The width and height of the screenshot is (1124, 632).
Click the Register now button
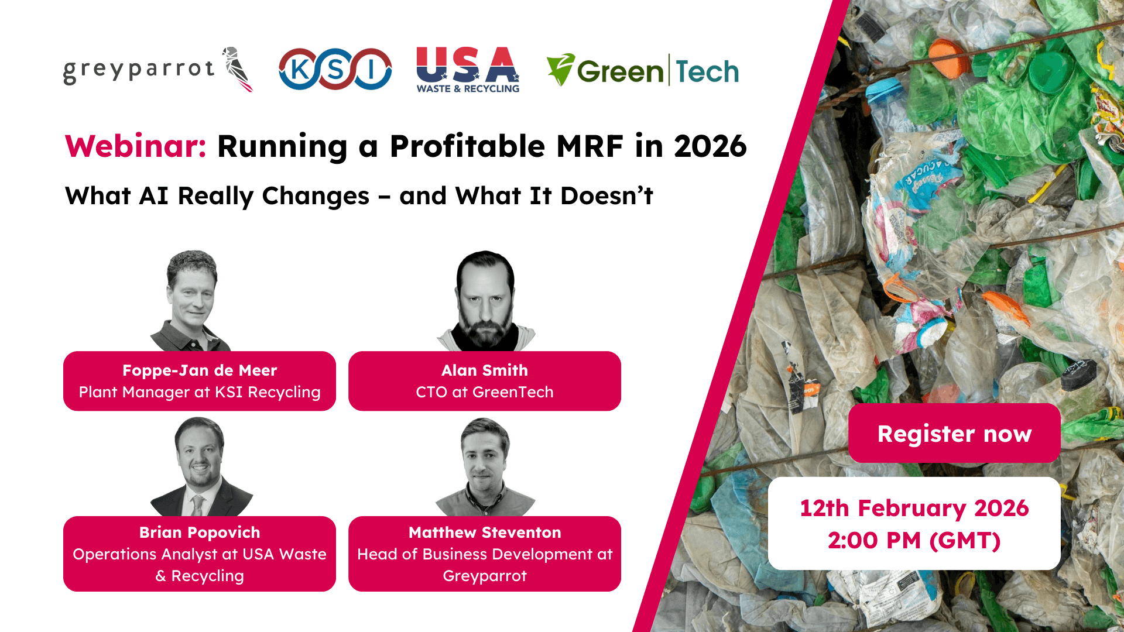click(954, 434)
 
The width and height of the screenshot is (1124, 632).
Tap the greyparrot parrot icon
click(238, 69)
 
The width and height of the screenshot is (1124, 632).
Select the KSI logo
click(335, 69)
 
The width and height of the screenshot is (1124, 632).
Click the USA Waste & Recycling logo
click(468, 70)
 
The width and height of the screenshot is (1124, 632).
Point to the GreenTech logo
click(643, 71)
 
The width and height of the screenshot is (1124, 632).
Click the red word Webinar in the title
click(135, 146)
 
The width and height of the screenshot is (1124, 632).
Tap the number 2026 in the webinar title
click(710, 146)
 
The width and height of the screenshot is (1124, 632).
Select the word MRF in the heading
click(590, 146)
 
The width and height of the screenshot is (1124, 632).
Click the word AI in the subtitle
click(154, 196)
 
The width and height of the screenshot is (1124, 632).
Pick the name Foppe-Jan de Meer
click(200, 370)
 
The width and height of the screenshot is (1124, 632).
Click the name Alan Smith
click(485, 370)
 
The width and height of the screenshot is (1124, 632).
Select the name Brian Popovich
click(200, 533)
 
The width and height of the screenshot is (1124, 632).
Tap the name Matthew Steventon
click(485, 533)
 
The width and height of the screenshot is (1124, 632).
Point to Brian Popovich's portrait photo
click(200, 466)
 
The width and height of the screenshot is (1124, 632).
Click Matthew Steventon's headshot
click(485, 466)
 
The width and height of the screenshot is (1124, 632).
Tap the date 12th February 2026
click(914, 508)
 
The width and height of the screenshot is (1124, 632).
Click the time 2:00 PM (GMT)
click(914, 541)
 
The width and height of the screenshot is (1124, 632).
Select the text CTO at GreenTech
click(485, 392)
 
